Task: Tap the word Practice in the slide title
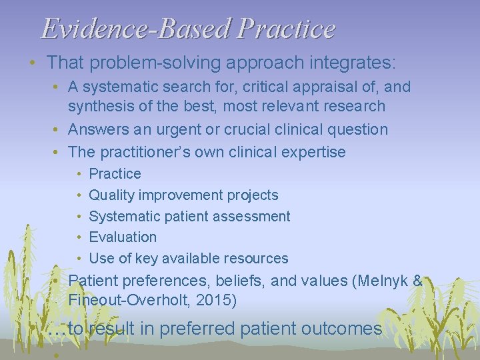click(286, 29)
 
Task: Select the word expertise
click(313, 152)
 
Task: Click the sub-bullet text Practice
click(115, 174)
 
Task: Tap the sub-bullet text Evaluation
click(123, 237)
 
